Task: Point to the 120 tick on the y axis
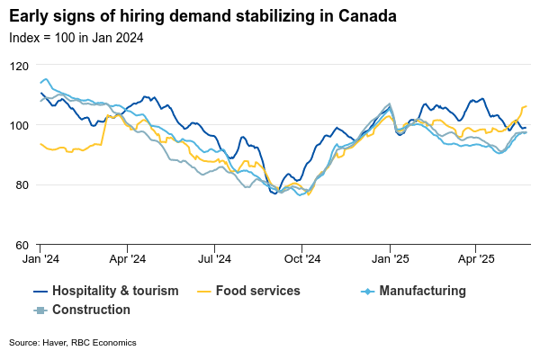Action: (x=18, y=66)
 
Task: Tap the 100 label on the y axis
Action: (x=18, y=125)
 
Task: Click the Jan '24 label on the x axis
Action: (x=40, y=258)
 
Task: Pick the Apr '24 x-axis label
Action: (x=127, y=258)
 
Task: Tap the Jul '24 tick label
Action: (x=214, y=258)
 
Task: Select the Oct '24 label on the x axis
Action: (x=301, y=258)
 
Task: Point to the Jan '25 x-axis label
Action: (x=390, y=258)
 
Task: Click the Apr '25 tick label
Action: (x=475, y=258)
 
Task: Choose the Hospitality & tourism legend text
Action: (x=115, y=291)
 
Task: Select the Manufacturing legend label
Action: (x=422, y=291)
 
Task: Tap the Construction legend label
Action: (x=91, y=310)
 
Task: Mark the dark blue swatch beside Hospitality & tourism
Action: (x=40, y=291)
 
